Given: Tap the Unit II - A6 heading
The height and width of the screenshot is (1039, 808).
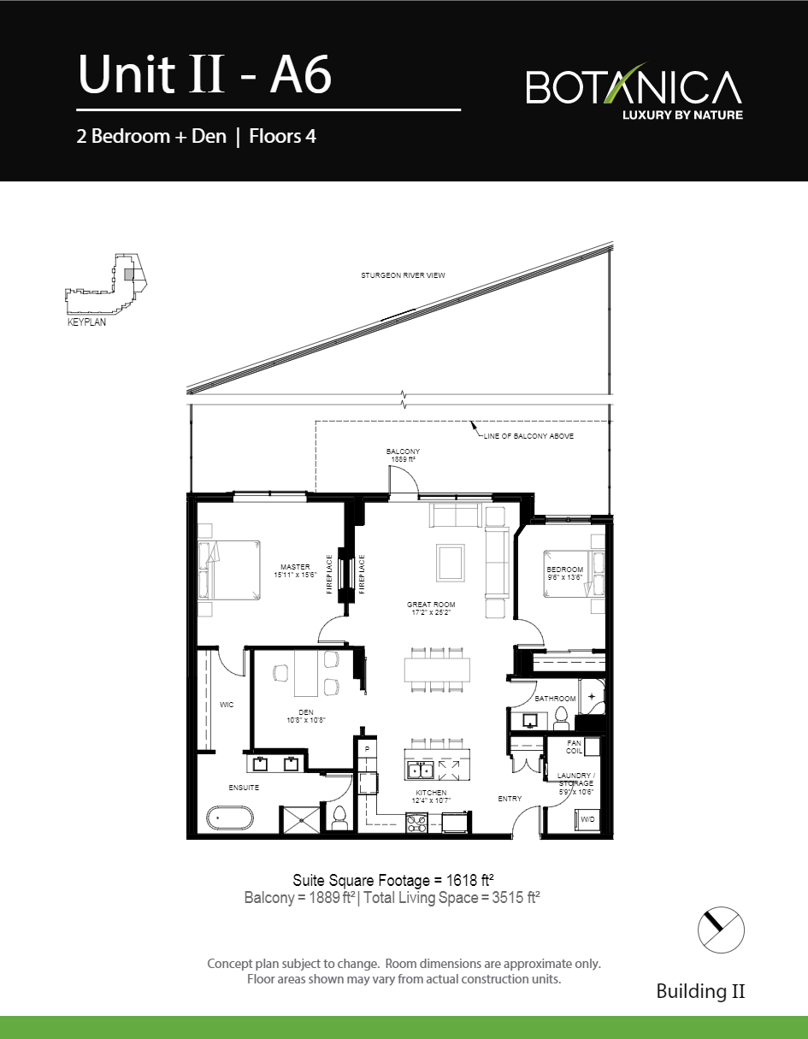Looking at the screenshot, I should pos(204,75).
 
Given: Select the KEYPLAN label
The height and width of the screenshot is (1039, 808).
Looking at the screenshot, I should pos(86,323).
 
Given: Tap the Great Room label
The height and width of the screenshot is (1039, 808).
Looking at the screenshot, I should pos(430,609).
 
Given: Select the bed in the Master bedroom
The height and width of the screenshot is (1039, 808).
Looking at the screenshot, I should pos(231,570).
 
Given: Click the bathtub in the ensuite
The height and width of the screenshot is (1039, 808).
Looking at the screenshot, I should pos(231,818).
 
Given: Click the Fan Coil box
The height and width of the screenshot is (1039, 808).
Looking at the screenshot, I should pos(575,747).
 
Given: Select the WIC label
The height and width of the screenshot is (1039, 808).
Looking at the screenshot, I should pos(227,705).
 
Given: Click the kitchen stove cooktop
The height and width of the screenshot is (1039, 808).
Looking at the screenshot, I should pos(416,824).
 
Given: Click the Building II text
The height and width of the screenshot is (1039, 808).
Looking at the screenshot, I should pos(699,991).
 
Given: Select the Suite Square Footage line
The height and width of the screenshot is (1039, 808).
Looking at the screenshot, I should pos(394,880).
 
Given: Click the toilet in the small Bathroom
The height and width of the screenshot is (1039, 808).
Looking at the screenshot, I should pos(562,715).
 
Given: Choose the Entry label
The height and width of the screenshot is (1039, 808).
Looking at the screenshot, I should pos(510,799).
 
